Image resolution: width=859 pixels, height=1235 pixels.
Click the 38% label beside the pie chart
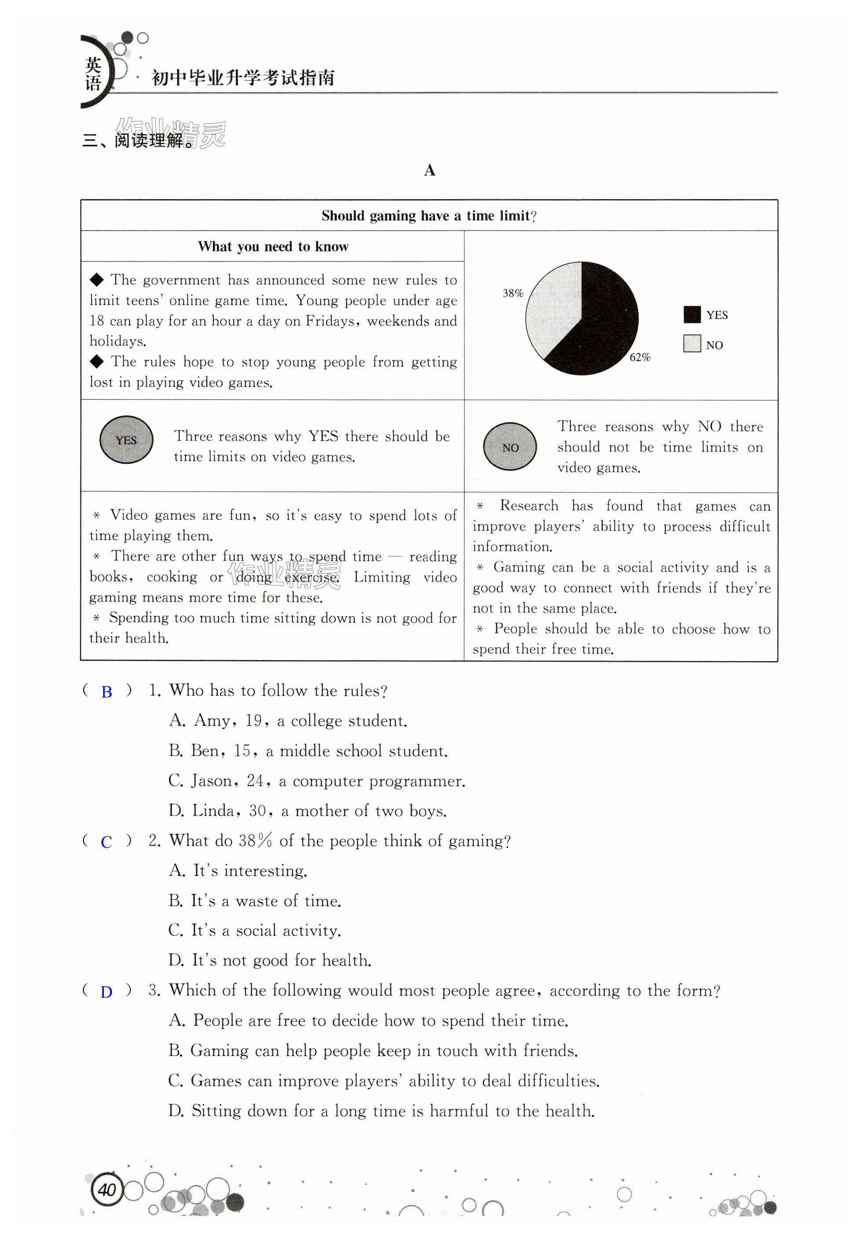(x=512, y=293)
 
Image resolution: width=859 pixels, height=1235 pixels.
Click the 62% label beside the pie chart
(x=640, y=357)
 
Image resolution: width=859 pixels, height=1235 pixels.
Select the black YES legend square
(x=692, y=315)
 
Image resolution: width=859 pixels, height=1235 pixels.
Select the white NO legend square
(x=692, y=344)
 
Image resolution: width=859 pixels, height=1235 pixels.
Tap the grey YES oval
(x=127, y=440)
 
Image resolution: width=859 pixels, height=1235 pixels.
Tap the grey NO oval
(x=510, y=447)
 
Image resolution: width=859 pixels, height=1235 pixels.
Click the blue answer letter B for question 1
(x=106, y=692)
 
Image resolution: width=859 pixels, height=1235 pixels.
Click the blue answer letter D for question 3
(x=106, y=992)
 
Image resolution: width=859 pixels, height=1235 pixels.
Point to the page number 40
(x=107, y=1189)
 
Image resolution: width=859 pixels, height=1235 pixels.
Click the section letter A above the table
(x=429, y=171)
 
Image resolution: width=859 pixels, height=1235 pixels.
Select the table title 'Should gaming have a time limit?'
(x=429, y=216)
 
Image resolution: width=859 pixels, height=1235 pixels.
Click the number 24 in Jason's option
(x=255, y=781)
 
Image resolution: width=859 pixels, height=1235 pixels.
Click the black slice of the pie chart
(x=602, y=323)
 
